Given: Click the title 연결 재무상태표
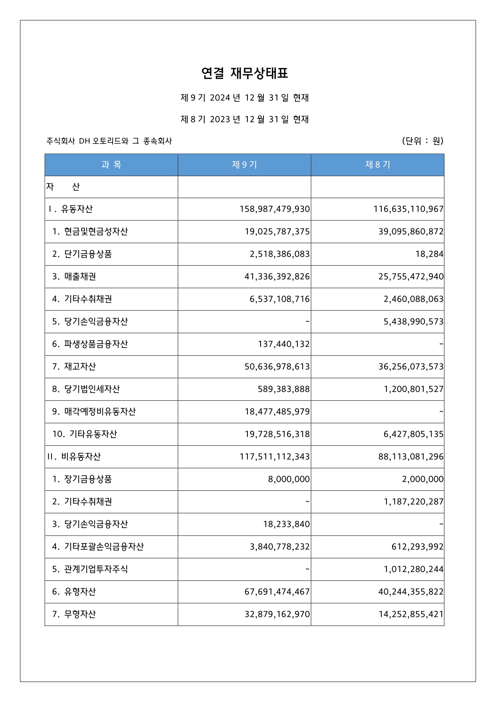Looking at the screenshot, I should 245,73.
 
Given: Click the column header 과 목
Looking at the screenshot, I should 111,165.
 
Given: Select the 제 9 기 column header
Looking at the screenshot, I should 244,165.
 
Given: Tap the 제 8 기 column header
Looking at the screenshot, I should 377,165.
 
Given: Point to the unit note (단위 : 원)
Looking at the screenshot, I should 422,141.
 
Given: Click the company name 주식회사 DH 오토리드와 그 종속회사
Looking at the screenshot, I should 109,141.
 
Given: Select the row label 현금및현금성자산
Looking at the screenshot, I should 96,232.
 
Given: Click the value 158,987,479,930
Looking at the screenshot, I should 275,209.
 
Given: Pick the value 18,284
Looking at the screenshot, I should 429,254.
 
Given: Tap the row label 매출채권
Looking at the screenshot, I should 80,276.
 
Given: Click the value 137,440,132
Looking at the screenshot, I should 284,344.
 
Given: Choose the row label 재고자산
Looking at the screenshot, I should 80,366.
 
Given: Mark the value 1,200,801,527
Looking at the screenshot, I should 414,389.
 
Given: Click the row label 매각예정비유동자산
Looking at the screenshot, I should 100,412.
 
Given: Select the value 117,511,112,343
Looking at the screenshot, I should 275,457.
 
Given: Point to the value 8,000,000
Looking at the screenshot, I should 289,479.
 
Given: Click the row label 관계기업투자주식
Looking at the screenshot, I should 96,569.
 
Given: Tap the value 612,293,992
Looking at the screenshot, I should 417,547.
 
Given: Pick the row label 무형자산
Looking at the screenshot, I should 80,614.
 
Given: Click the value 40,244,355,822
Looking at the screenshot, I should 411,592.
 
